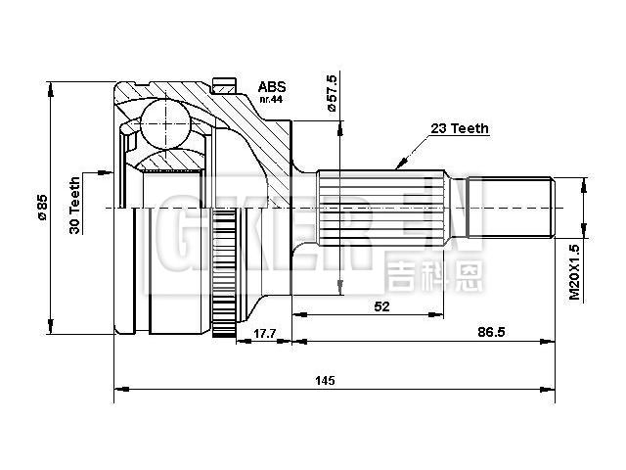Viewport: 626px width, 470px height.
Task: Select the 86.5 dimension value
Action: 492,333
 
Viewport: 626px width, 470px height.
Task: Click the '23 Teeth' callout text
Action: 459,128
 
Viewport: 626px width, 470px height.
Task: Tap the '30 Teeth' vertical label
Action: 75,204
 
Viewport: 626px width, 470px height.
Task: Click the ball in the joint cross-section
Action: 165,124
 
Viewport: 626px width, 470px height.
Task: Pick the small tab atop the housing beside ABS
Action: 225,85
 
